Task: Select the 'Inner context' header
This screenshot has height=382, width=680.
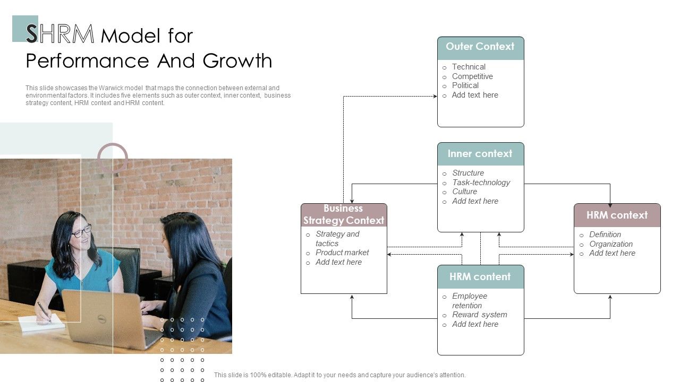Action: click(x=480, y=154)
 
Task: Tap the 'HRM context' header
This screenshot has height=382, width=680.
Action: click(x=617, y=215)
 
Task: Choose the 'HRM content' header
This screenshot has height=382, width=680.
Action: click(x=480, y=276)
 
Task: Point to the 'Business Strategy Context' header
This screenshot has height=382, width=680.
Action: click(x=344, y=215)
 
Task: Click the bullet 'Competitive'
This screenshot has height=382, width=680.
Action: click(x=472, y=76)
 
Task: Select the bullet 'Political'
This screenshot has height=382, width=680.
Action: click(x=465, y=85)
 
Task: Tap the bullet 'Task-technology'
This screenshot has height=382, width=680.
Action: click(x=481, y=183)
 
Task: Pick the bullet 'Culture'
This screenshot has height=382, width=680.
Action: click(x=464, y=192)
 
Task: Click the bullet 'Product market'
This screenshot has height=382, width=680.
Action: click(x=342, y=253)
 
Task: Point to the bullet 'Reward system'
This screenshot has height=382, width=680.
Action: click(x=480, y=315)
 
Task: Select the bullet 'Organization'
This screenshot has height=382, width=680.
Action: click(x=611, y=244)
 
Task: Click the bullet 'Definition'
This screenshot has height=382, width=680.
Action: click(x=605, y=235)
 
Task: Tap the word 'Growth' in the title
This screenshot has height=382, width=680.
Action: click(x=237, y=60)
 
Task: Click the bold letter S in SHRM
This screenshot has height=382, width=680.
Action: click(x=31, y=33)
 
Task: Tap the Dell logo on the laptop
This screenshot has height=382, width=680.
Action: click(x=101, y=319)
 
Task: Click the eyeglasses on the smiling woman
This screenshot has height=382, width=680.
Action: click(x=81, y=231)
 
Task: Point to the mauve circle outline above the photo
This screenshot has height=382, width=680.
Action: click(x=112, y=144)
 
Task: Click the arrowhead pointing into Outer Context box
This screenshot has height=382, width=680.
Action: click(x=435, y=97)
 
